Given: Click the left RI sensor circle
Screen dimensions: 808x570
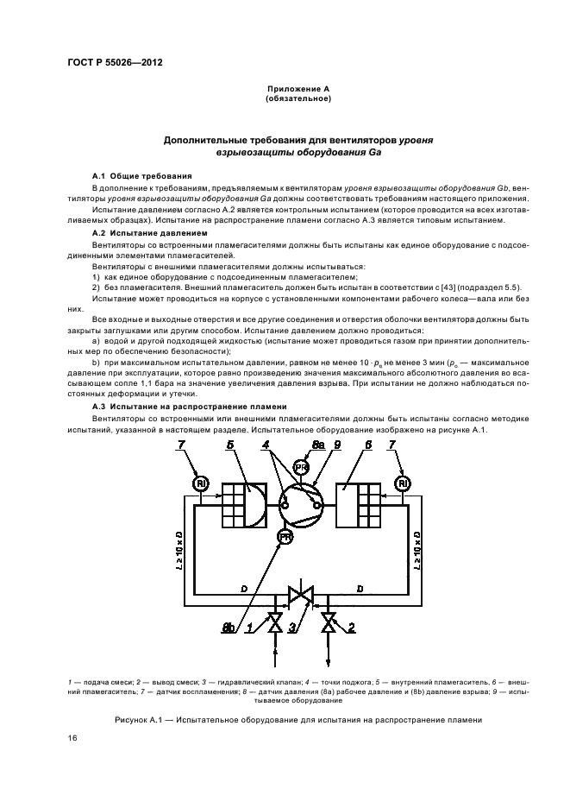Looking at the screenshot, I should point(200,483).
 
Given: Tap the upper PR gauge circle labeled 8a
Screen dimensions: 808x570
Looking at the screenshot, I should point(301,466).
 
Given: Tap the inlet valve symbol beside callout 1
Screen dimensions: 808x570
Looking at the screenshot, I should point(275,624).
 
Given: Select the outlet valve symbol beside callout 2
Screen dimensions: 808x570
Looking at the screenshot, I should point(329,624).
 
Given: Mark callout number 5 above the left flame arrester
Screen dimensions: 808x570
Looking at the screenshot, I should point(230,444).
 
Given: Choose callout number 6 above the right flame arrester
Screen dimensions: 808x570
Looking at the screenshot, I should point(368,444).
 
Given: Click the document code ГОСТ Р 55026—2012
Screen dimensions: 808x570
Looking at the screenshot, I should point(116,64).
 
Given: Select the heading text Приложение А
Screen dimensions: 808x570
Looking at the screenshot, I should point(298,90).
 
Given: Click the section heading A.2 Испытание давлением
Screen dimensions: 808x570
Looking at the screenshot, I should point(150,233).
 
